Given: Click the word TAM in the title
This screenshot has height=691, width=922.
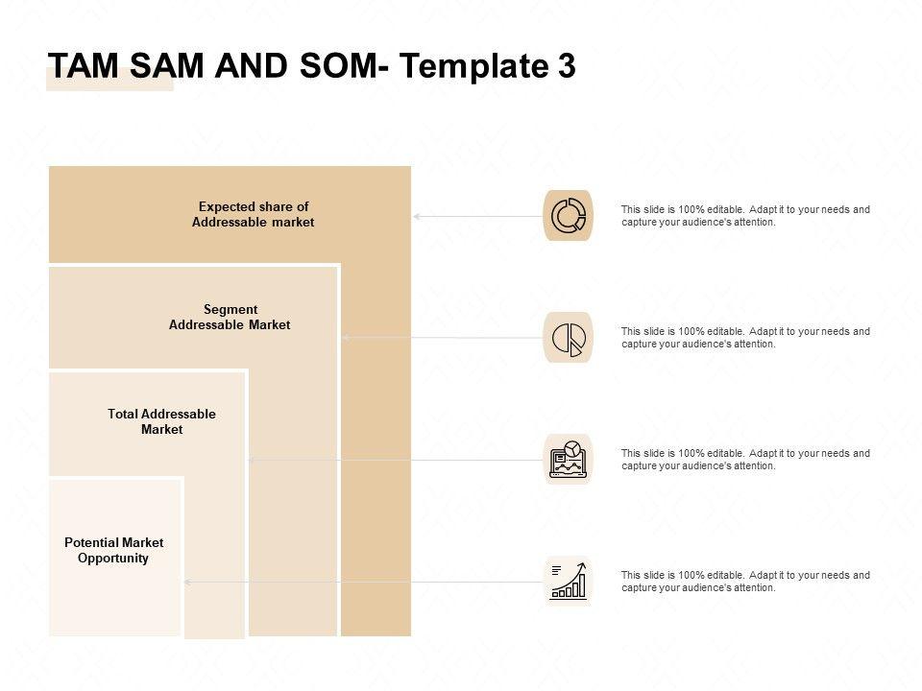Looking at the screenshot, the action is pyautogui.click(x=81, y=65).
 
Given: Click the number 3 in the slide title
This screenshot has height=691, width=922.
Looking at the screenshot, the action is pyautogui.click(x=566, y=65).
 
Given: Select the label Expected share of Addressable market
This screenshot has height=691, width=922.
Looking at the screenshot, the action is pyautogui.click(x=253, y=214).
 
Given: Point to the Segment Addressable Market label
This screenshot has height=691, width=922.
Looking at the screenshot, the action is pyautogui.click(x=230, y=317).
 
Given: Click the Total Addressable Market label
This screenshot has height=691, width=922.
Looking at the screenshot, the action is pyautogui.click(x=161, y=421).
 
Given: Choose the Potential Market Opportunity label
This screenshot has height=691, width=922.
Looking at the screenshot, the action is pyautogui.click(x=113, y=550).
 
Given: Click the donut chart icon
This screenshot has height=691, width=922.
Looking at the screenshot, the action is pyautogui.click(x=568, y=216).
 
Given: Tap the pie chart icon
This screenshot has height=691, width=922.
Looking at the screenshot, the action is pyautogui.click(x=568, y=338).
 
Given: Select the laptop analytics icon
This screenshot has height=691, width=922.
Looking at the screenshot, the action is pyautogui.click(x=568, y=459).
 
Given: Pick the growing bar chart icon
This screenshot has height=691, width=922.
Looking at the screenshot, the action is pyautogui.click(x=568, y=581).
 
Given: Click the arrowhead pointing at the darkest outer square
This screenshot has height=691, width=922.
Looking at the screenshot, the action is pyautogui.click(x=417, y=217).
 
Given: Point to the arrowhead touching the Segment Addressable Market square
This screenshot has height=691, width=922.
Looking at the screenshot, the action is pyautogui.click(x=345, y=338).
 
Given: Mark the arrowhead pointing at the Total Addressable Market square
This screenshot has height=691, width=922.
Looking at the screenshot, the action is pyautogui.click(x=252, y=460).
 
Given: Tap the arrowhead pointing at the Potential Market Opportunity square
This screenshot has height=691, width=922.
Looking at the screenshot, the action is pyautogui.click(x=187, y=582).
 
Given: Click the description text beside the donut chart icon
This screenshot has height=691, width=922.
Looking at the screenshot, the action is pyautogui.click(x=745, y=215).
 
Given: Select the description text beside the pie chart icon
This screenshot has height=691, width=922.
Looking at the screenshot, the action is pyautogui.click(x=745, y=337).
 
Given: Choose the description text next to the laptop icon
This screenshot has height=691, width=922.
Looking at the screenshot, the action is pyautogui.click(x=745, y=459).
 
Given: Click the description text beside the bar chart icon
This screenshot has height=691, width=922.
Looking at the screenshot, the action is pyautogui.click(x=745, y=581).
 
